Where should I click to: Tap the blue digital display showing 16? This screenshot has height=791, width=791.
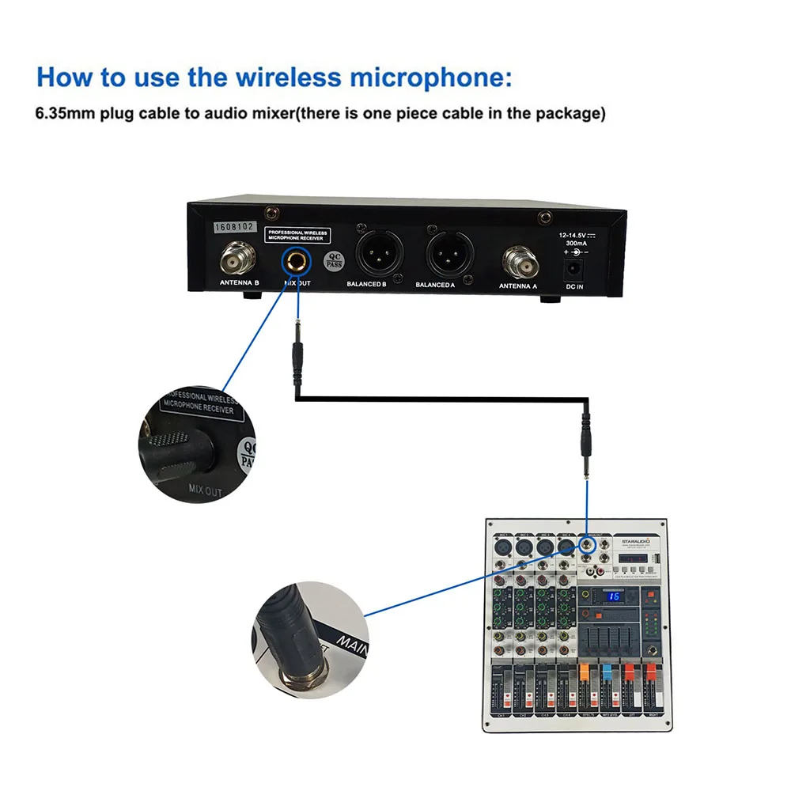(x=614, y=597)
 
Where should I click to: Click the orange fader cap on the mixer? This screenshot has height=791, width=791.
(x=585, y=673)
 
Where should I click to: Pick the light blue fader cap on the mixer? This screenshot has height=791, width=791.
(x=607, y=673)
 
